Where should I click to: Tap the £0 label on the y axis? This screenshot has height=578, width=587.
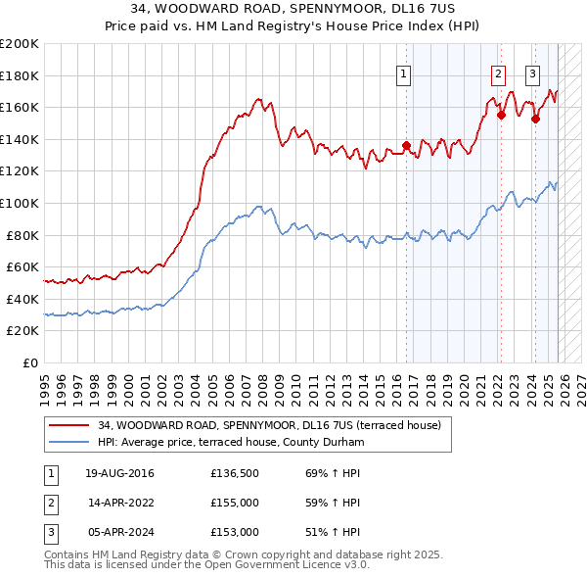point(31,362)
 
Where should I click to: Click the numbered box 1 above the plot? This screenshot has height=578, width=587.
point(403,71)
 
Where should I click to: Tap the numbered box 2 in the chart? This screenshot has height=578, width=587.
point(498,71)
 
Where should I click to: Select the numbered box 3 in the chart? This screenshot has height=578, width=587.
point(533,71)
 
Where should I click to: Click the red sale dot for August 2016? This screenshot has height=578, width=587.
point(406,145)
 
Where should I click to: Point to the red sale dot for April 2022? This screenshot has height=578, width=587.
point(501,115)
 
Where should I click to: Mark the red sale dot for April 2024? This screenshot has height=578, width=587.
point(535,119)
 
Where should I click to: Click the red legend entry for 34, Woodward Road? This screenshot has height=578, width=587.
point(270,425)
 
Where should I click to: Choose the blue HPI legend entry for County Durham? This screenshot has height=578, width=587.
point(231,442)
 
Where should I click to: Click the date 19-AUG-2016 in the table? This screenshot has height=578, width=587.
point(118,473)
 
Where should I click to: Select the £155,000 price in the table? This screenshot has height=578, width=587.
point(234,503)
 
